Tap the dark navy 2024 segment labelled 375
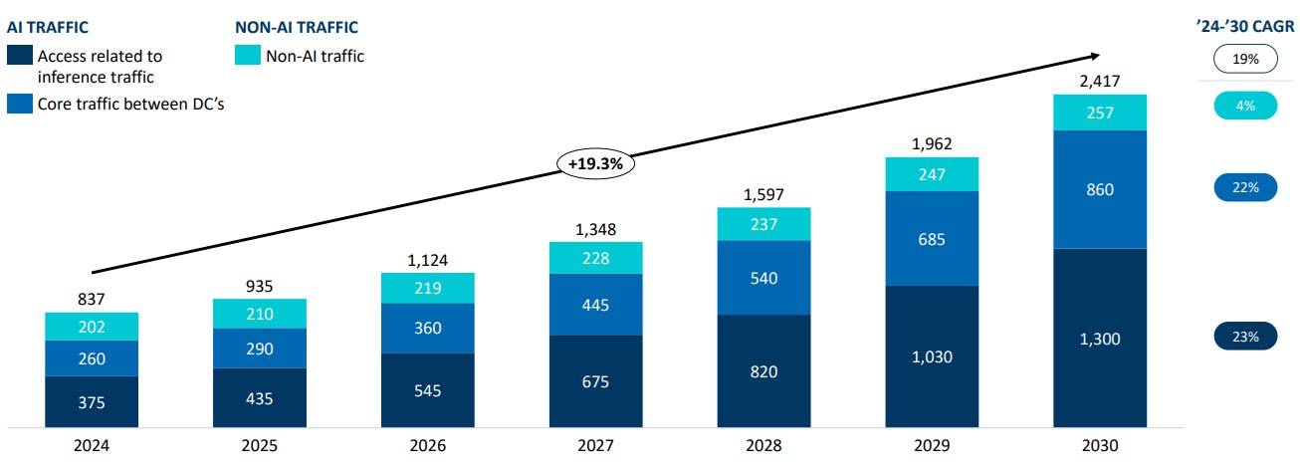pyautogui.click(x=92, y=402)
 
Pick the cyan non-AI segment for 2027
pyautogui.click(x=596, y=257)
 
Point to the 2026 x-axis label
pyautogui.click(x=428, y=447)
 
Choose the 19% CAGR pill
pyautogui.click(x=1245, y=60)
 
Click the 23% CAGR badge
pyautogui.click(x=1245, y=337)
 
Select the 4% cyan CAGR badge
pyautogui.click(x=1245, y=105)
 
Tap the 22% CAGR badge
pyautogui.click(x=1245, y=187)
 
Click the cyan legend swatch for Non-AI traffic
pyautogui.click(x=246, y=57)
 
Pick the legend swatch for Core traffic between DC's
pyautogui.click(x=19, y=104)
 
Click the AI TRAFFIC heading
pyautogui.click(x=48, y=28)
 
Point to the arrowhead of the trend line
pyautogui.click(x=1096, y=56)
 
